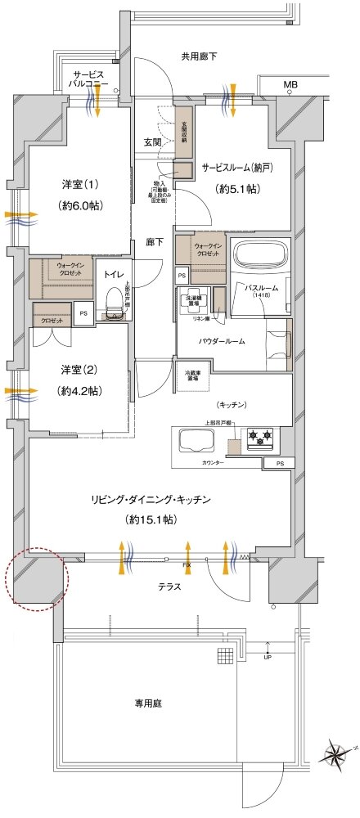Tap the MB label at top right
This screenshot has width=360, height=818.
click(x=290, y=84)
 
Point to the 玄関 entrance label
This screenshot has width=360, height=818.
click(x=152, y=142)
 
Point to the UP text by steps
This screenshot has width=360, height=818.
click(x=267, y=658)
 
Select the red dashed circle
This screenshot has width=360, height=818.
click(x=38, y=577)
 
